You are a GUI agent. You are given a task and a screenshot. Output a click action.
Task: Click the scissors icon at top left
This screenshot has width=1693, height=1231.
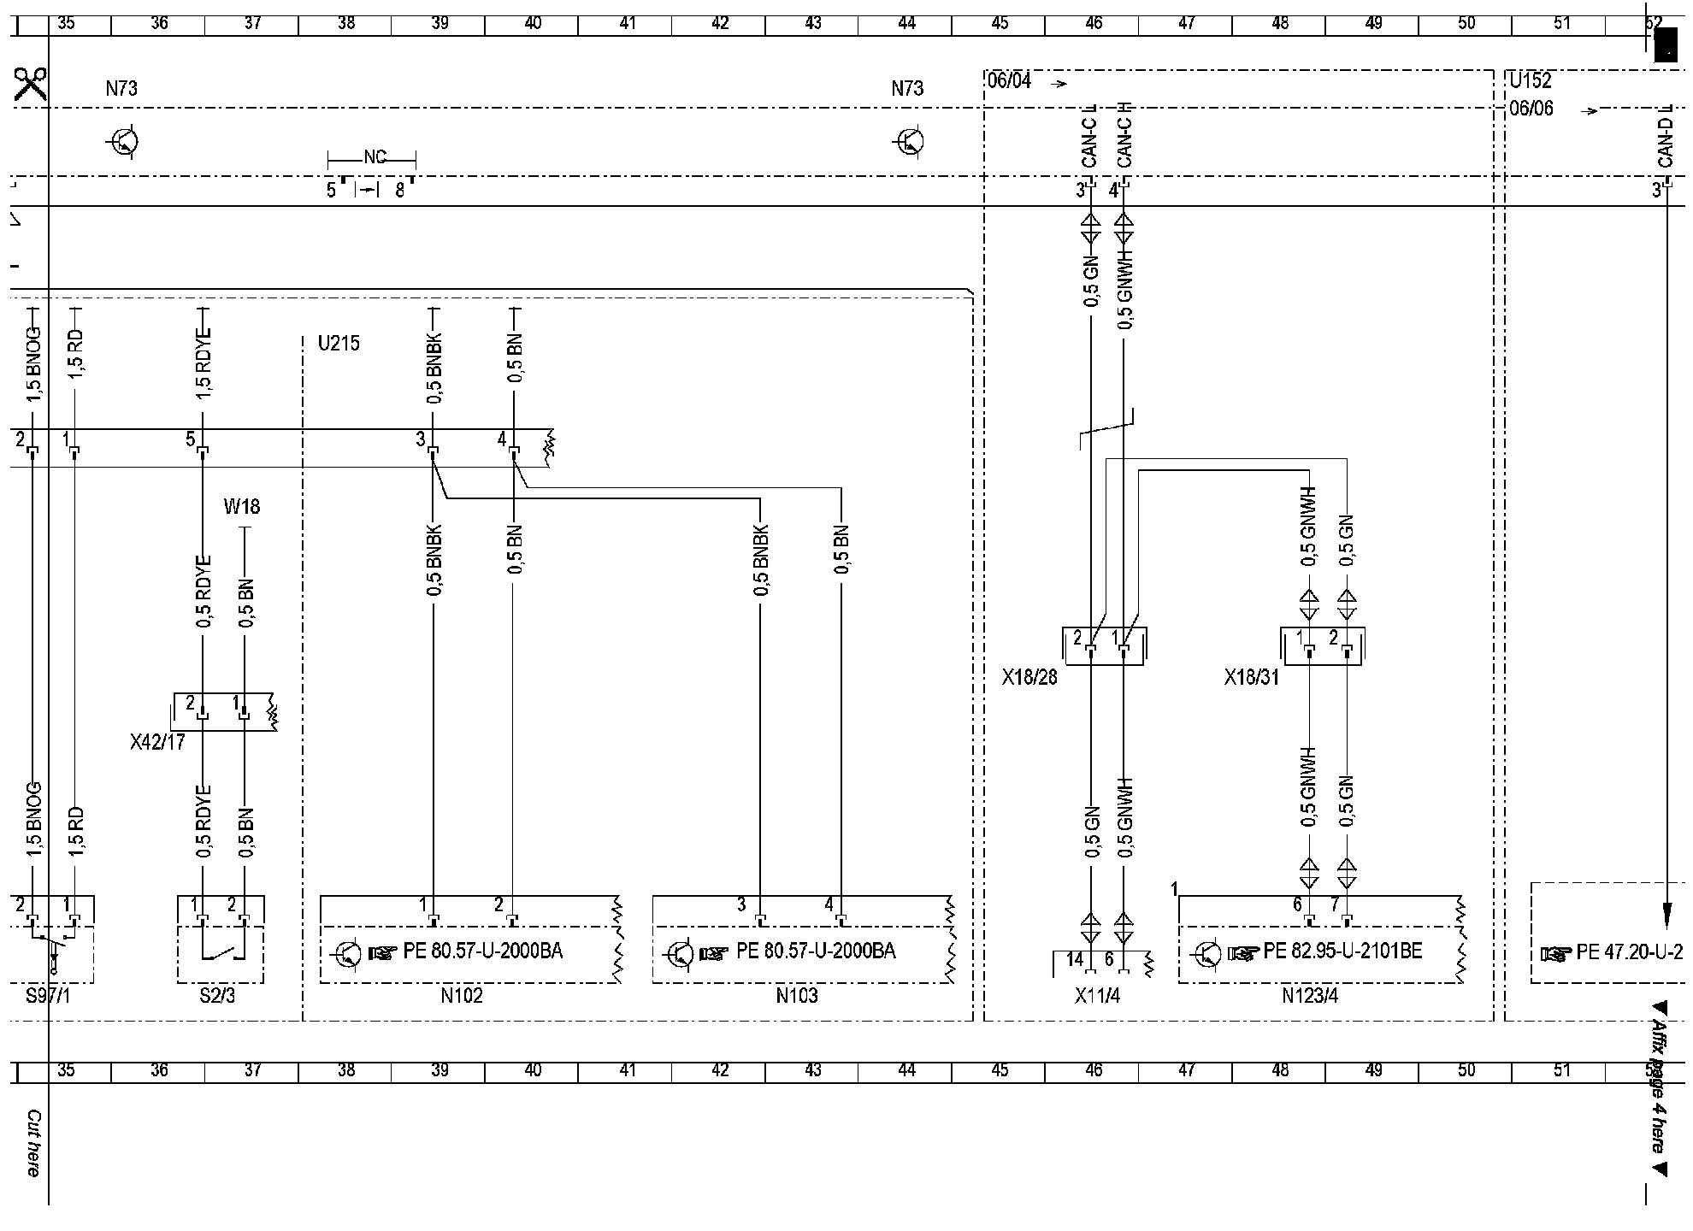tap(30, 86)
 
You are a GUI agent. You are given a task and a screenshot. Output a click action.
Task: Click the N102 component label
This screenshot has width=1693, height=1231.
tap(462, 996)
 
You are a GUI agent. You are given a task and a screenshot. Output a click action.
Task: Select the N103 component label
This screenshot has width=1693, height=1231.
tap(797, 996)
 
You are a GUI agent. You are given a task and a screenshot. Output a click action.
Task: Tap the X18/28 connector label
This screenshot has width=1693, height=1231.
tap(1029, 678)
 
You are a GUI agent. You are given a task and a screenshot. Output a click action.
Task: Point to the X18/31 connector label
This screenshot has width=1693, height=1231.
tap(1252, 678)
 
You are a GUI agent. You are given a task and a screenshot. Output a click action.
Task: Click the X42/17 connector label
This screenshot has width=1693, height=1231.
tap(157, 743)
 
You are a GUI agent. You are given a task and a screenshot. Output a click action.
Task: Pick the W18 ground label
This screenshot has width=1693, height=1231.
tap(242, 507)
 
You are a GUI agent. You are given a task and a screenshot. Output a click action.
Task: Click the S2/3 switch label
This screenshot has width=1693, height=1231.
tap(217, 996)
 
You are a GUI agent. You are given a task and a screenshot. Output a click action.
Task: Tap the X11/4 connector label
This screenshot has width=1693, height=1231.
tap(1098, 996)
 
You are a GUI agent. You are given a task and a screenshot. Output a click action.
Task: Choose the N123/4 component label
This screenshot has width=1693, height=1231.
tap(1310, 996)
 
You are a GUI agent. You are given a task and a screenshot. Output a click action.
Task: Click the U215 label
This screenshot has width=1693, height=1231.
tap(339, 344)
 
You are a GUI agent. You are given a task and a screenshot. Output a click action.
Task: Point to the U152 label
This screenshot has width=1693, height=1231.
tap(1530, 81)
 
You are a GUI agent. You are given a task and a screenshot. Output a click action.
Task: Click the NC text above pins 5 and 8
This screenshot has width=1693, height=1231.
tap(375, 157)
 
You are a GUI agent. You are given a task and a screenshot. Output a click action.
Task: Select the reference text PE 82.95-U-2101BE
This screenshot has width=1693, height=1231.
tap(1343, 951)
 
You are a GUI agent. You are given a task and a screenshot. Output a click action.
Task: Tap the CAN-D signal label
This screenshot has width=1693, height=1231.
tap(1665, 143)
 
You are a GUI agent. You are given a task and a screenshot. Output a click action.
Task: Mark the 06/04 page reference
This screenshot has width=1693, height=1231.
tap(1009, 81)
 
